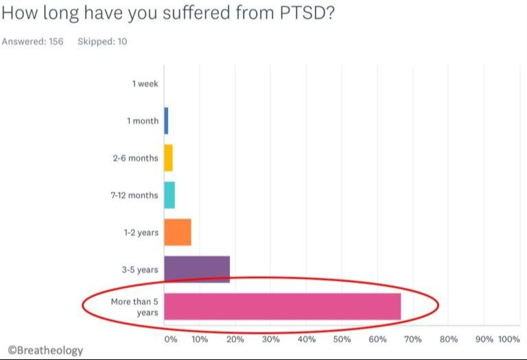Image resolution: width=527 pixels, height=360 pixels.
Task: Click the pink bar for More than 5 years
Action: [x=282, y=307]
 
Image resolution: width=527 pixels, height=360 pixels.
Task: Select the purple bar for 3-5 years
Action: [x=197, y=269]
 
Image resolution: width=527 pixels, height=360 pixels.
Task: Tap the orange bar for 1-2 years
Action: [x=178, y=232]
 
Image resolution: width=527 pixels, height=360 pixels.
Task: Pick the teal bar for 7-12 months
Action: [x=169, y=195]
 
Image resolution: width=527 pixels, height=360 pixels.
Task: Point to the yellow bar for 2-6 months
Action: [x=168, y=158]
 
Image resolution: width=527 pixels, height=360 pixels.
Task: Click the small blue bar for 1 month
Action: [x=166, y=121]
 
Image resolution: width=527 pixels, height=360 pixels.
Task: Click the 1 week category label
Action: [x=145, y=84]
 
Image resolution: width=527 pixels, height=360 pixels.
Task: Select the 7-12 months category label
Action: [x=134, y=195]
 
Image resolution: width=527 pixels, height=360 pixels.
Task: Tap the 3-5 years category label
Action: [x=140, y=269]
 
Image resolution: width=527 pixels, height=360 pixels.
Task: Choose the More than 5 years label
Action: [x=134, y=307]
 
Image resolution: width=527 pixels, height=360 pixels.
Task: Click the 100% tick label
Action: [x=508, y=339]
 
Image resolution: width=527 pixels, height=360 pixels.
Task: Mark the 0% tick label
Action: [x=170, y=339]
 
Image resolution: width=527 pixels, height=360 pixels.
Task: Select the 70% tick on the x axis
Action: [x=413, y=339]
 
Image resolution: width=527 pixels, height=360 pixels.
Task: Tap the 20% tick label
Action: [x=235, y=339]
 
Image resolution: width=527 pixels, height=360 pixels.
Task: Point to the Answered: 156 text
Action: [x=32, y=42]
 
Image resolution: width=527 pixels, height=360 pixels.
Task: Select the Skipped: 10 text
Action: [x=102, y=42]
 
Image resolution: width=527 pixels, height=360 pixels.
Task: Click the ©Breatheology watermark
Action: [x=45, y=350]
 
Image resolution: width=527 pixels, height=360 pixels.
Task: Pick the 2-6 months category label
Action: [x=135, y=158]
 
